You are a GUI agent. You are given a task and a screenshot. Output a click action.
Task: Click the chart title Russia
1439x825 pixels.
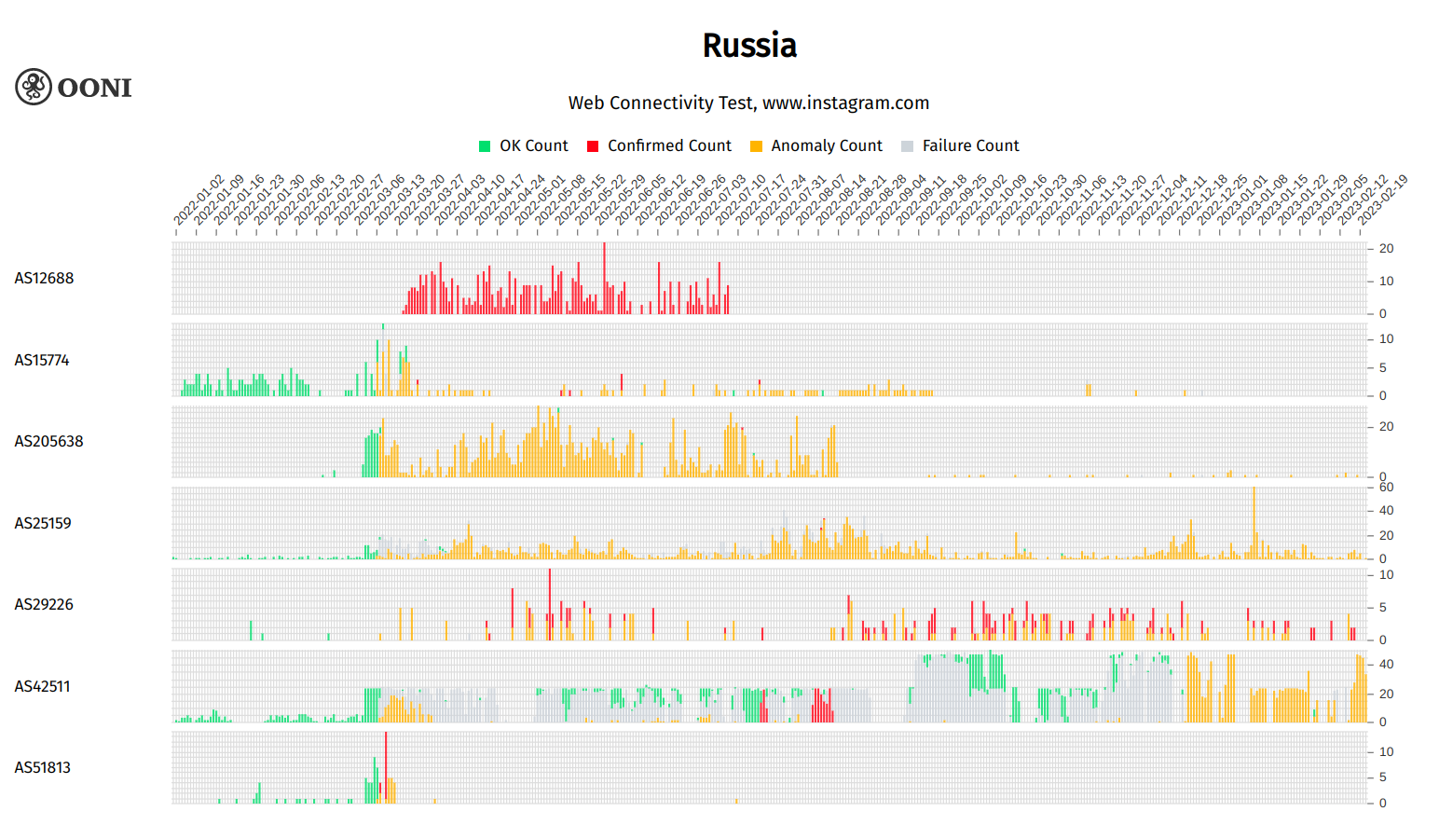pyautogui.click(x=749, y=46)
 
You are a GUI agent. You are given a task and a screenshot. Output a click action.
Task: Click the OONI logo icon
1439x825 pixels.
pyautogui.click(x=34, y=87)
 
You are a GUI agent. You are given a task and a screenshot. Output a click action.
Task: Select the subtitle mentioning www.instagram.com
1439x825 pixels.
pyautogui.click(x=748, y=103)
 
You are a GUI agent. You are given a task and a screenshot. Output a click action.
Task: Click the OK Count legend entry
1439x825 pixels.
pyautogui.click(x=523, y=145)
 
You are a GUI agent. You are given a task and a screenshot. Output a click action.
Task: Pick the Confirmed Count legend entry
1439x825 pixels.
pyautogui.click(x=659, y=145)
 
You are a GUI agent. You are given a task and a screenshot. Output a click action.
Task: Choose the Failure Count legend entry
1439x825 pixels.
pyautogui.click(x=960, y=145)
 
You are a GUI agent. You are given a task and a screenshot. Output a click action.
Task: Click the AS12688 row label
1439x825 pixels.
pyautogui.click(x=44, y=278)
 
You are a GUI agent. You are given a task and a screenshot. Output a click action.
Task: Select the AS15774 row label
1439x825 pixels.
pyautogui.click(x=42, y=360)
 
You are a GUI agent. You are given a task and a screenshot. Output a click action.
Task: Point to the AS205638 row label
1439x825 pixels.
pyautogui.click(x=48, y=441)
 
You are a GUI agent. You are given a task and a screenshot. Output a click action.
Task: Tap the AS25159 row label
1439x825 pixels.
pyautogui.click(x=43, y=523)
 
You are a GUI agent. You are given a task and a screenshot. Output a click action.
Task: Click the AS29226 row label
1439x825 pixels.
pyautogui.click(x=44, y=604)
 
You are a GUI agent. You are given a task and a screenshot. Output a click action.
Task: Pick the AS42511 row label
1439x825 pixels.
pyautogui.click(x=42, y=686)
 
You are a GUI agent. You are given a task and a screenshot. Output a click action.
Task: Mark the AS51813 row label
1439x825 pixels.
pyautogui.click(x=42, y=767)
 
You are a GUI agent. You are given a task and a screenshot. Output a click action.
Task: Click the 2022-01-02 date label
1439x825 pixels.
pyautogui.click(x=199, y=200)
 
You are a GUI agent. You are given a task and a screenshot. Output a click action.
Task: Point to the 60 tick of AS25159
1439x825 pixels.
pyautogui.click(x=1387, y=487)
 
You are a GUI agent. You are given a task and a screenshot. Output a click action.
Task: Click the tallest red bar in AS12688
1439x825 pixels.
pyautogui.click(x=604, y=278)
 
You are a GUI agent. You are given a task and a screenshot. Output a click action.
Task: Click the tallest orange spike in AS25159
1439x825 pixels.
pyautogui.click(x=1254, y=522)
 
